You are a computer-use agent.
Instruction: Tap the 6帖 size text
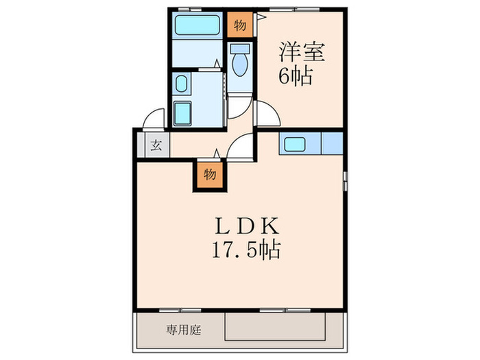(x=296, y=74)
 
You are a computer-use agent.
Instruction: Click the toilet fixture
(x=239, y=62)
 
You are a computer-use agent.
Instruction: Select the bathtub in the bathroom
(x=197, y=25)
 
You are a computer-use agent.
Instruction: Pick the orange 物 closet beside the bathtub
(x=239, y=25)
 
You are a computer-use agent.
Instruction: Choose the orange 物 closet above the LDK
(x=211, y=174)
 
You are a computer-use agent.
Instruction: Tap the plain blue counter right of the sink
(x=331, y=144)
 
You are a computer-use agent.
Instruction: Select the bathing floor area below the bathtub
(x=197, y=52)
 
